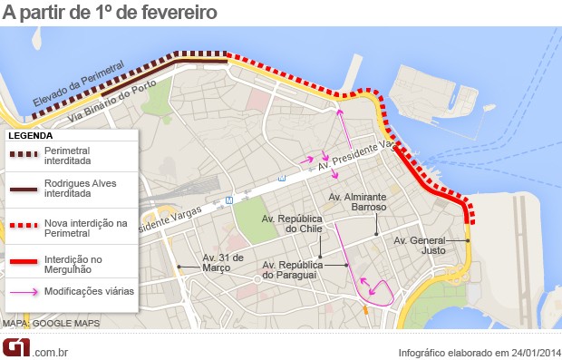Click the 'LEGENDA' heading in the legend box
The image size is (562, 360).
[x=31, y=135]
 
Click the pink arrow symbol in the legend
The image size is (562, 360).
[x=24, y=293]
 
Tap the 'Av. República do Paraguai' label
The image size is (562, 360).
[x=294, y=269]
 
